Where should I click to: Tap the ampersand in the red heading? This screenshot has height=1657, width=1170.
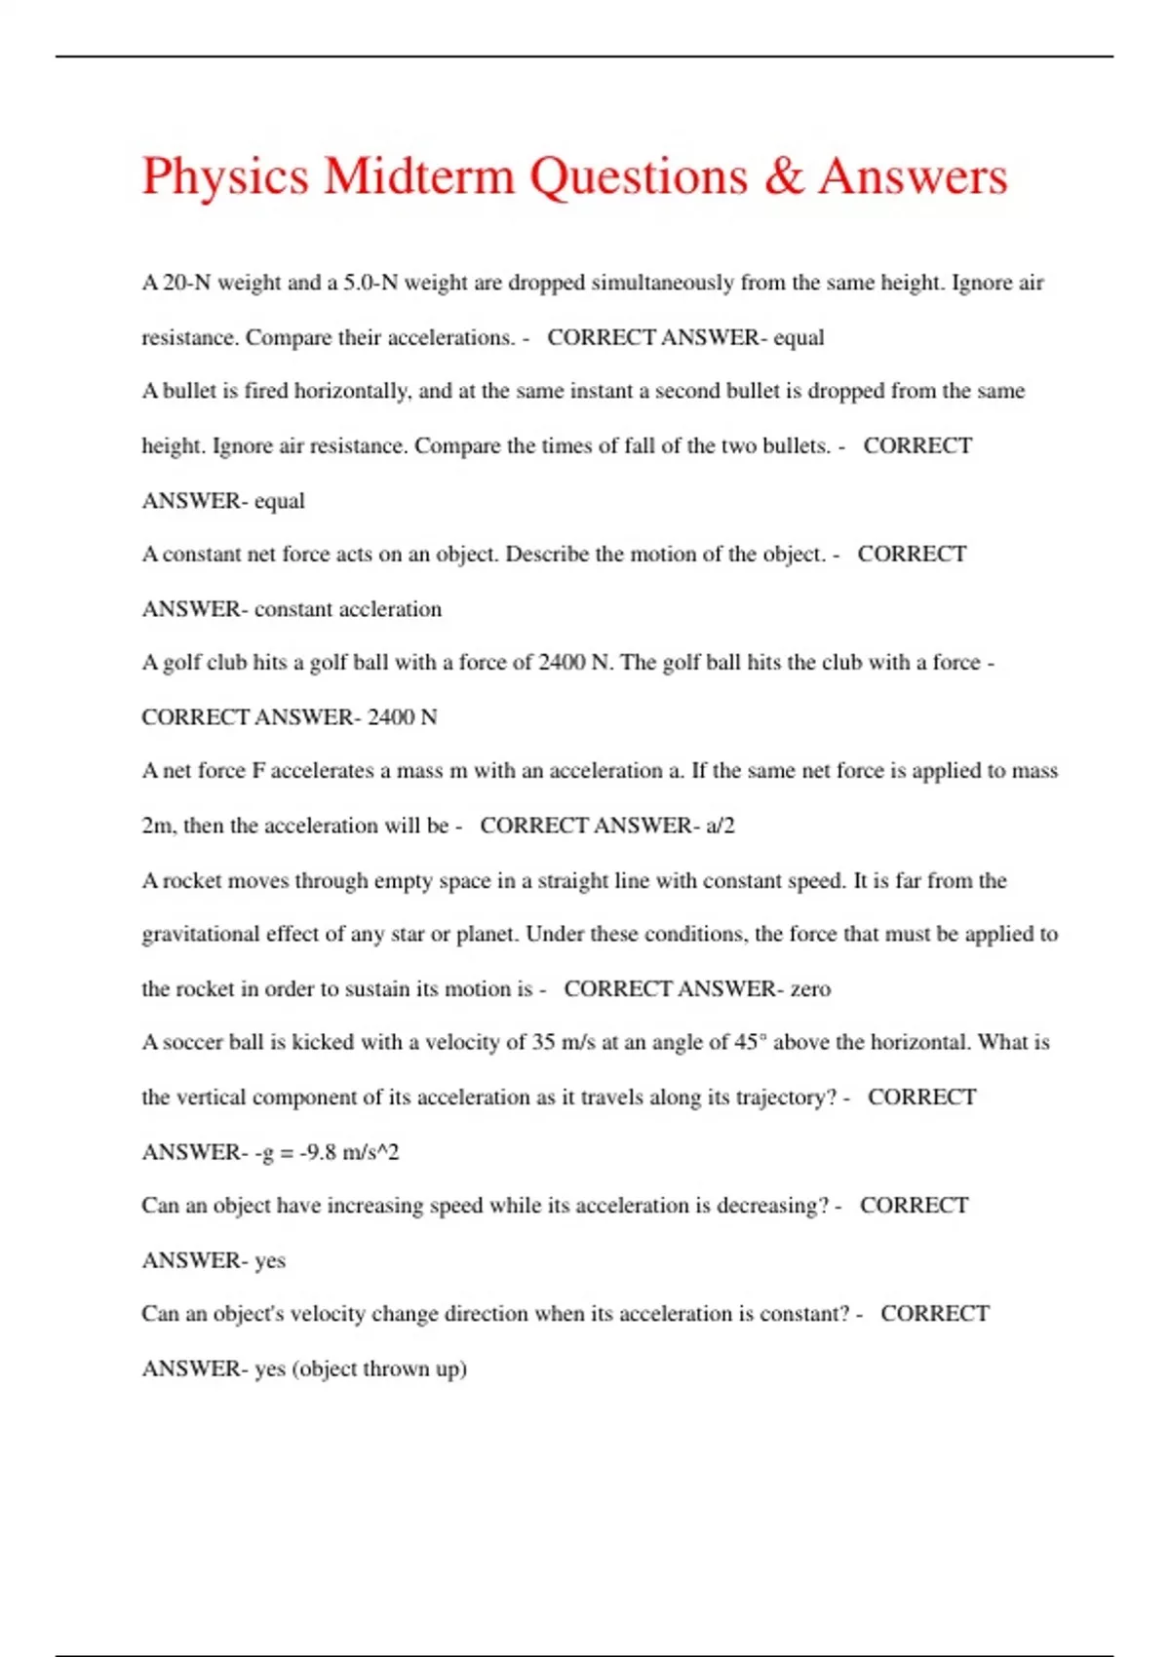tap(784, 176)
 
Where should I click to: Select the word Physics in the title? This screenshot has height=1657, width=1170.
tap(225, 176)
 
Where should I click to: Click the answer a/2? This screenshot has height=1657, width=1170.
tap(721, 826)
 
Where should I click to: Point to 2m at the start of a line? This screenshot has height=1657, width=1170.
tap(157, 826)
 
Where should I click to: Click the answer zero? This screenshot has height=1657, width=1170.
tap(810, 988)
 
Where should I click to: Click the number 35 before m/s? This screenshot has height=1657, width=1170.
tap(543, 1042)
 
